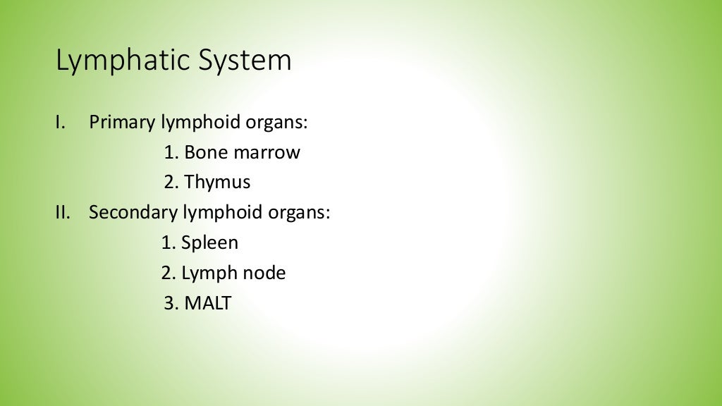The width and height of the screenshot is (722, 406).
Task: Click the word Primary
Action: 121,122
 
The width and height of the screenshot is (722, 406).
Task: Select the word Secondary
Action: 133,212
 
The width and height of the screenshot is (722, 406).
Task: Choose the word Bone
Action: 204,152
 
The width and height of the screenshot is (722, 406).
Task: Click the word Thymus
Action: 217,183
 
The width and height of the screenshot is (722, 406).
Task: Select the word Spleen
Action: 209,243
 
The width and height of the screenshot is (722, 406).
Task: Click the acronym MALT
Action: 208,304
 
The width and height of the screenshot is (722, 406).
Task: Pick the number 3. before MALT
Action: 171,304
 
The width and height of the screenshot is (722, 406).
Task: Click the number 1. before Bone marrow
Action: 172,152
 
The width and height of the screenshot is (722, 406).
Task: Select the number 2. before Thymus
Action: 172,183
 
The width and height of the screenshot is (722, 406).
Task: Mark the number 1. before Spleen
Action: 169,243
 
